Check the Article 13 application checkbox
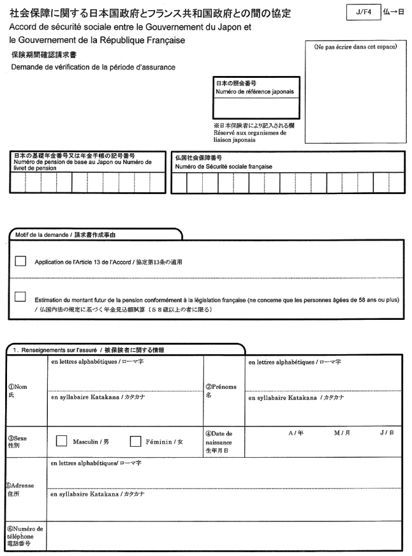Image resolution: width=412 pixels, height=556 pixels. (x=21, y=262)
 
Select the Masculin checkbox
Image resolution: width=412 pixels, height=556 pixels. (x=62, y=441)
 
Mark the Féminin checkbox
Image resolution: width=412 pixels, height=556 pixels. (x=136, y=441)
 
